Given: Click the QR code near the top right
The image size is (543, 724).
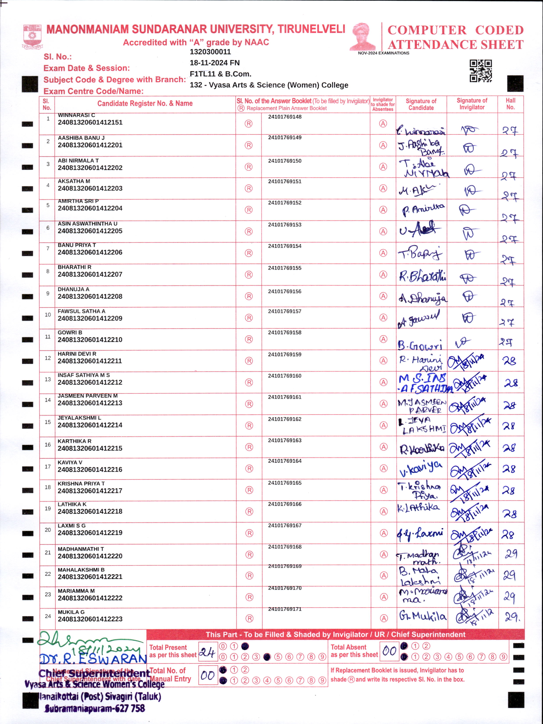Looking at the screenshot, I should tap(480, 71).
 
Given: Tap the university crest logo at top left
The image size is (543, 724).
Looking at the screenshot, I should tap(32, 36).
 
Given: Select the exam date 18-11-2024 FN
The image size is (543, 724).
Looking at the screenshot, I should tap(214, 63).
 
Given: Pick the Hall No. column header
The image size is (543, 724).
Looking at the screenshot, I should tap(510, 104).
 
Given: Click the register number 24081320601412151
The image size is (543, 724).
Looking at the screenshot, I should tap(90, 122).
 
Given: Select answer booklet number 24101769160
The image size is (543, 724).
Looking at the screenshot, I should tap(285, 376).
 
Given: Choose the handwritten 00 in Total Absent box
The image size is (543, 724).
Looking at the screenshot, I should tap(389, 651).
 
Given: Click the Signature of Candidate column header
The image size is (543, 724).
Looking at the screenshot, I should tap(421, 104).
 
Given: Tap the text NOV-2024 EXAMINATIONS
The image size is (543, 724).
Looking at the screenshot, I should tap(383, 53).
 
